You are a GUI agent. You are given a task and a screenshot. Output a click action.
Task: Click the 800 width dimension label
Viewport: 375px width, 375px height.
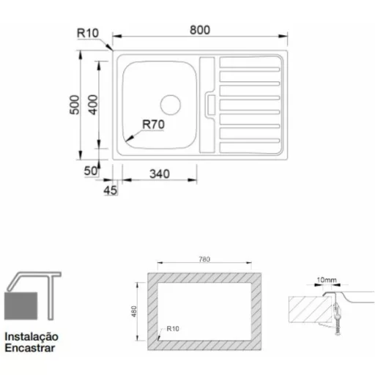click(200, 30)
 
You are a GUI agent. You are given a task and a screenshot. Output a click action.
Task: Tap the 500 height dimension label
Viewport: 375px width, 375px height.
click(75, 105)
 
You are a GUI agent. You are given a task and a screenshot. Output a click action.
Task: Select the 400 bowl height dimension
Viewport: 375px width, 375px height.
click(93, 105)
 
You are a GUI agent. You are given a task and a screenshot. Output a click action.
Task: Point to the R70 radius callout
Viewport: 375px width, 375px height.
click(153, 125)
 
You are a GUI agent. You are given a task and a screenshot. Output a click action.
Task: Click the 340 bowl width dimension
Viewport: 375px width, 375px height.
click(160, 174)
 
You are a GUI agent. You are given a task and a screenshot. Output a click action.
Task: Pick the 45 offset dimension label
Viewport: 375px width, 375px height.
click(111, 190)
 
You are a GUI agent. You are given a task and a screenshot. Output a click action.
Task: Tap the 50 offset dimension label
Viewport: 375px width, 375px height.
click(91, 171)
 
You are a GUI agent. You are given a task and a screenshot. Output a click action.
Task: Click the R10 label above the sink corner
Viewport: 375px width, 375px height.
click(88, 33)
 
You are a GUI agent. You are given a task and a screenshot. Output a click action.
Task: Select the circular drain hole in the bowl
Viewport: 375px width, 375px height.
click(171, 105)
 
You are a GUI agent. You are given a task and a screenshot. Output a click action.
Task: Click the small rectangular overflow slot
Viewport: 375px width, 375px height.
click(211, 105)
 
